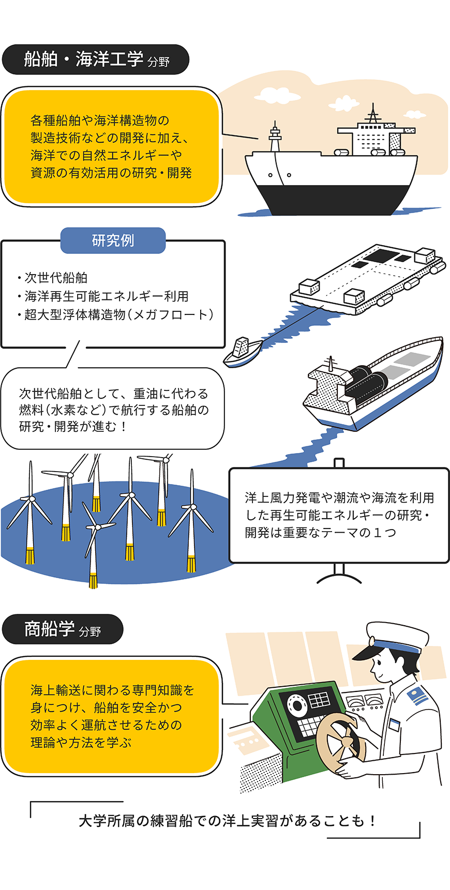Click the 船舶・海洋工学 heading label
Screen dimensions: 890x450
[x=96, y=59]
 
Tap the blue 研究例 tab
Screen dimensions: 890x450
[x=113, y=240]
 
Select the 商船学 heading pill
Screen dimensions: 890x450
[x=63, y=629]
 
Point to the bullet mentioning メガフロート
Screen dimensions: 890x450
[x=118, y=314]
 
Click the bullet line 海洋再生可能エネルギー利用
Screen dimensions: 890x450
[x=106, y=296]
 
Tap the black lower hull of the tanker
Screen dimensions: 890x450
[x=331, y=200]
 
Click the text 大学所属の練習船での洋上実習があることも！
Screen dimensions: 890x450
[x=227, y=821]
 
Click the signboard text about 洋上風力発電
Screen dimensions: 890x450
[x=339, y=515]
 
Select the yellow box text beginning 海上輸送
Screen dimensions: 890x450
[x=112, y=716]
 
